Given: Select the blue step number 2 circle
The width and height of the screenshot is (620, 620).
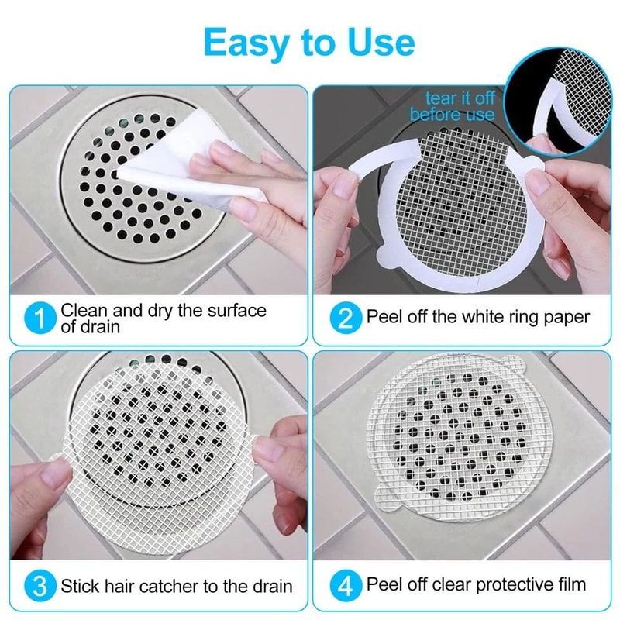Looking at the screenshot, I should pos(346,319).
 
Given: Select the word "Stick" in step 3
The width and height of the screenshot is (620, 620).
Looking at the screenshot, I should pos(81,585).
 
